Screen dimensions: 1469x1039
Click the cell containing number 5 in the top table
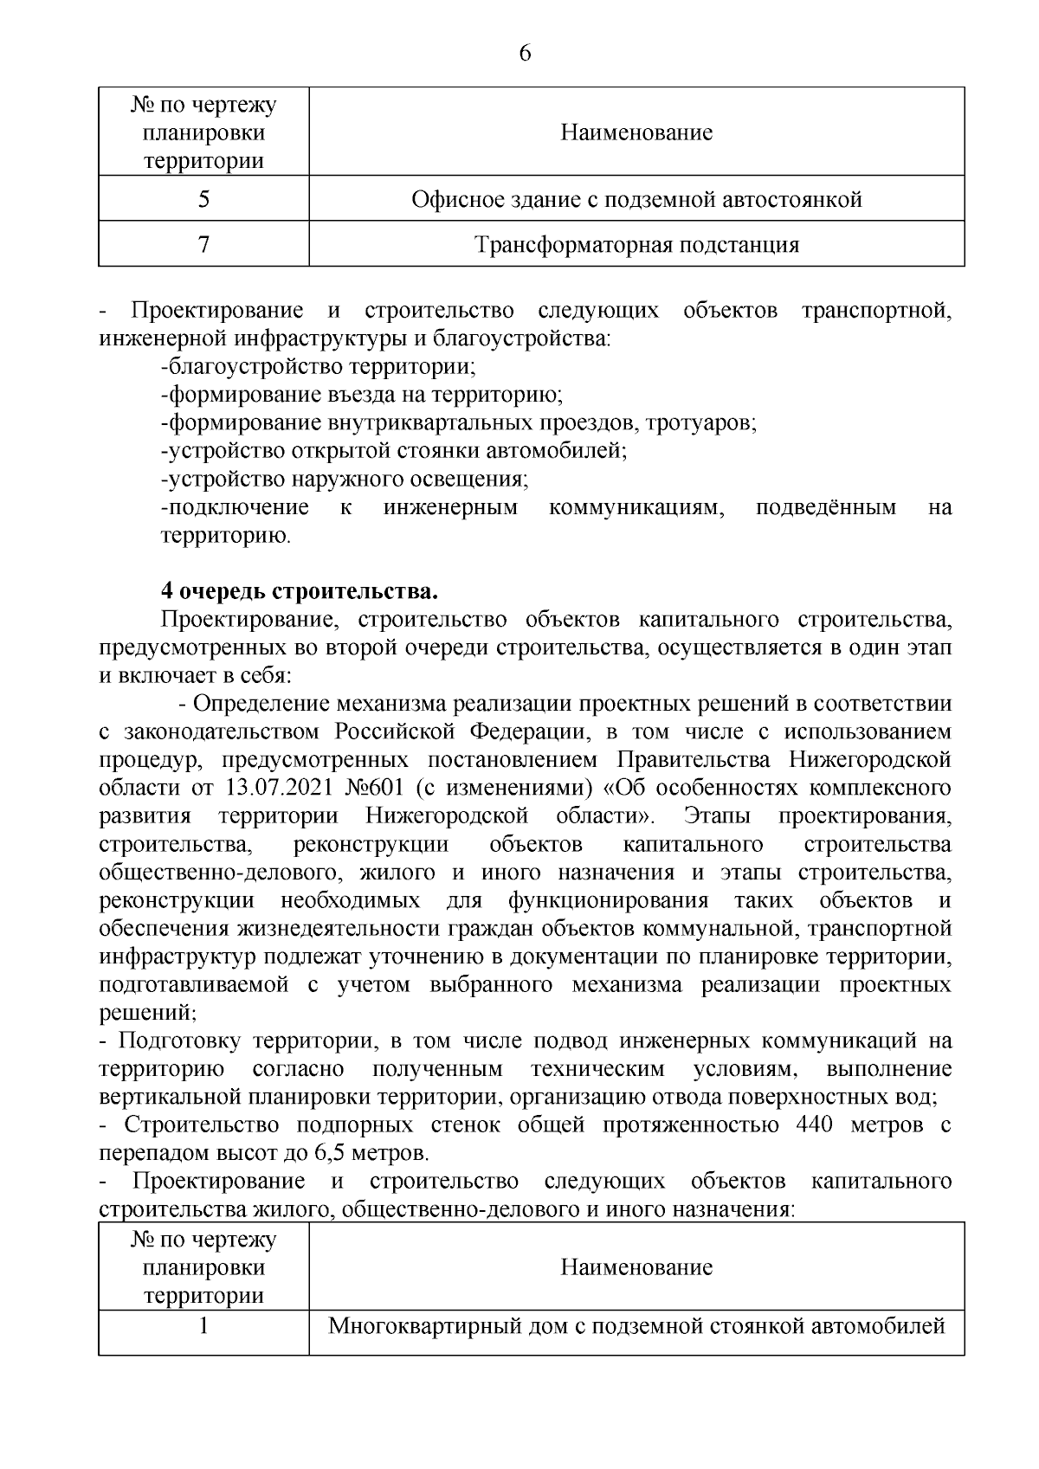coord(203,200)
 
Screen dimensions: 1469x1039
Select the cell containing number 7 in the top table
coord(203,245)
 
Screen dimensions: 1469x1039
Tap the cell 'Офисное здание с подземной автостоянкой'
coord(636,200)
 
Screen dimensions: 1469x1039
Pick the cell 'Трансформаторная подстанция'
coord(636,245)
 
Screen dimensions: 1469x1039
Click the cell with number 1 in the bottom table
coord(203,1326)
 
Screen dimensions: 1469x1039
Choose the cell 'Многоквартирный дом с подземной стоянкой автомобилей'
coord(636,1326)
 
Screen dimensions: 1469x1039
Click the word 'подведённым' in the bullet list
coord(826,507)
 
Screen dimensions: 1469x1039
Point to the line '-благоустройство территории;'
coord(318,366)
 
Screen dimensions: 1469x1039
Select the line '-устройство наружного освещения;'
coord(345,479)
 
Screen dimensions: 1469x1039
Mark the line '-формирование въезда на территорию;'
coord(362,395)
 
